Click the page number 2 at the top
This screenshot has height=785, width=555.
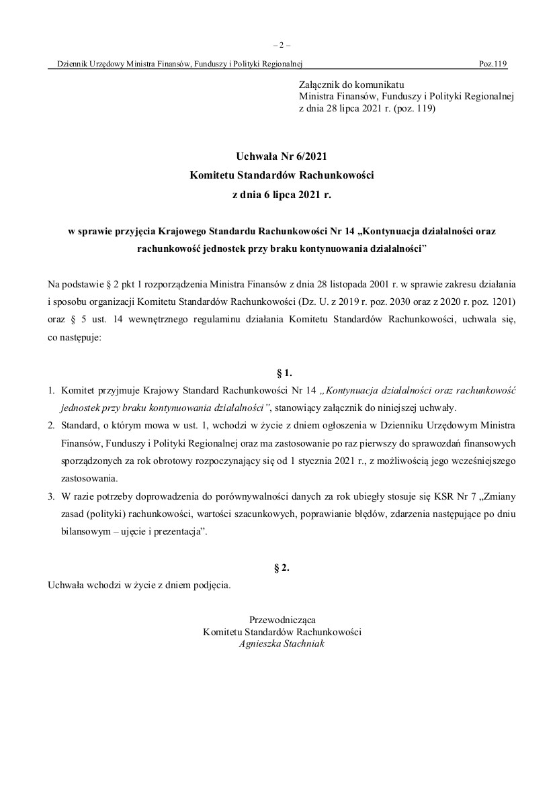click(282, 46)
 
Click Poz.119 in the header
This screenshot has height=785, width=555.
click(493, 64)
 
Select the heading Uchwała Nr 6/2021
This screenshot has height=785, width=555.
click(282, 156)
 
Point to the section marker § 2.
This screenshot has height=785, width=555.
click(282, 567)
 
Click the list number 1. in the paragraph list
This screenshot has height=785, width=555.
click(51, 389)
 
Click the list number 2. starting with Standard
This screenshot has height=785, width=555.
click(51, 426)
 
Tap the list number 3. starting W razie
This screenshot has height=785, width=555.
click(51, 497)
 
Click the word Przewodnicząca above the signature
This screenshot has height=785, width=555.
click(282, 619)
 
